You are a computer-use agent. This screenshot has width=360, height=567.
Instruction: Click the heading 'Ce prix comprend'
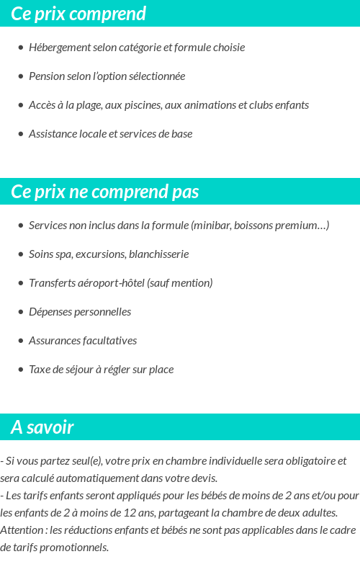pos(78,14)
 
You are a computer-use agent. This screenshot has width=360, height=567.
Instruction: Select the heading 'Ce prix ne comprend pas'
pos(105,192)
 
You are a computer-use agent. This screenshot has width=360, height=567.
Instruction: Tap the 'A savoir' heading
pos(42,427)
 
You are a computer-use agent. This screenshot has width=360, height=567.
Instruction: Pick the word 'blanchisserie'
pos(158,254)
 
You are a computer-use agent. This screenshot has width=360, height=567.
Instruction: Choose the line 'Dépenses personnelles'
pos(80,312)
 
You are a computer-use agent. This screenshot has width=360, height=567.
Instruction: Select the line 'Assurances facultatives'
pos(83,341)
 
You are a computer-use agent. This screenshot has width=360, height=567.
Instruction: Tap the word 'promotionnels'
pos(75,548)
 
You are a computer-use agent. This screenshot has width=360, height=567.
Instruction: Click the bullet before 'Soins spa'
pos(20,254)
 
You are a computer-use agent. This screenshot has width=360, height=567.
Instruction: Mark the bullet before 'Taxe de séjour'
pos(20,370)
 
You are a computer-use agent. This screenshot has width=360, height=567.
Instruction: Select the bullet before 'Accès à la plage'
pos(20,105)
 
